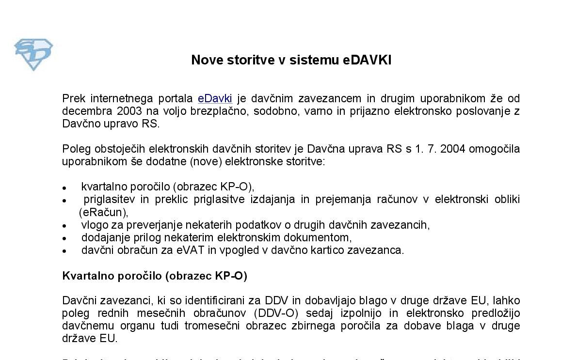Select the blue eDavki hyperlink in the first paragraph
[x=215, y=99]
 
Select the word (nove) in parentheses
[x=206, y=161]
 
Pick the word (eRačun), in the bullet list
[x=103, y=212]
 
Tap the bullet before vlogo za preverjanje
[x=64, y=226]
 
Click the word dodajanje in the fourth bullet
[x=102, y=237]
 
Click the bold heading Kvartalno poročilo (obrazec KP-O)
[x=155, y=276]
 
